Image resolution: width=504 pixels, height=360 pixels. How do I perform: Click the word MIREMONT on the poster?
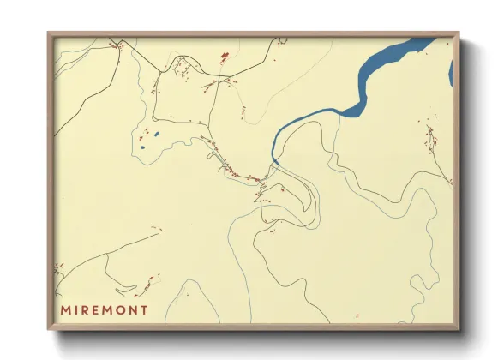coord(104,309)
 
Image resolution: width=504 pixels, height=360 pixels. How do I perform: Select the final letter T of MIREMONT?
coord(144,309)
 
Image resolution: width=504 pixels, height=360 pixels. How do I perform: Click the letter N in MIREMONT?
coord(133,309)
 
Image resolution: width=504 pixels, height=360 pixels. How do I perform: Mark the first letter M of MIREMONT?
coord(64,309)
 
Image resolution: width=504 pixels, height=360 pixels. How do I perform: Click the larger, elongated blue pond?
coord(156,135)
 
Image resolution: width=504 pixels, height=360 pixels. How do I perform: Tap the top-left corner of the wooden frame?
coord(49,34)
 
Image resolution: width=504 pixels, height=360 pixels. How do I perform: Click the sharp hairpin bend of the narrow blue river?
coord(273,158)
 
